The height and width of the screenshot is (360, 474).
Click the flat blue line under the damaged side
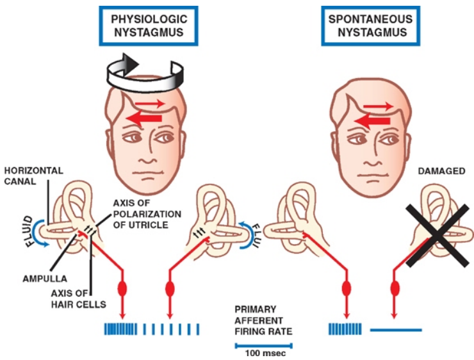[396, 329]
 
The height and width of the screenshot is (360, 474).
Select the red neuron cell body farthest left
[121, 286]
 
